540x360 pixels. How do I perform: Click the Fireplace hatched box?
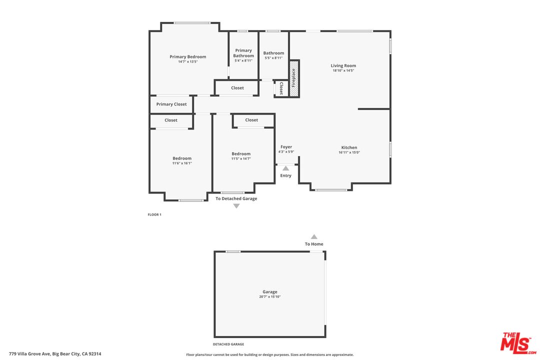pyautogui.click(x=294, y=78)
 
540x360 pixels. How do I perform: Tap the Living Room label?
pyautogui.click(x=343, y=65)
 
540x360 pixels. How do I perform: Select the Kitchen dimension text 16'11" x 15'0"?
pyautogui.click(x=349, y=152)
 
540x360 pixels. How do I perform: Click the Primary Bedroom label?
pyautogui.click(x=187, y=56)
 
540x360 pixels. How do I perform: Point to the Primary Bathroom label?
pyautogui.click(x=243, y=53)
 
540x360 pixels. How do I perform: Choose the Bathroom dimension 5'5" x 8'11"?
pyautogui.click(x=273, y=58)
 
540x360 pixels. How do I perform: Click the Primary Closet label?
pyautogui.click(x=171, y=104)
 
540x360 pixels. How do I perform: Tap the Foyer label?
pyautogui.click(x=286, y=147)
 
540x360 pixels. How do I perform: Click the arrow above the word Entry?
pyautogui.click(x=285, y=168)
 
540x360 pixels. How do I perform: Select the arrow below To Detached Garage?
pyautogui.click(x=236, y=205)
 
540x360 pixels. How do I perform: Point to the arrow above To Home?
pyautogui.click(x=314, y=237)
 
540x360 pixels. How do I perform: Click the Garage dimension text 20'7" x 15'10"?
pyautogui.click(x=270, y=296)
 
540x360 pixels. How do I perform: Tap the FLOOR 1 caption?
pyautogui.click(x=154, y=214)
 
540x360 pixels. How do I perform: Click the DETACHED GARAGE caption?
pyautogui.click(x=228, y=344)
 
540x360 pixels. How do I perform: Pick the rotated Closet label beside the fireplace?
pyautogui.click(x=281, y=88)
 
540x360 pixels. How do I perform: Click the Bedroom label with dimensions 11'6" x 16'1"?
pyautogui.click(x=182, y=158)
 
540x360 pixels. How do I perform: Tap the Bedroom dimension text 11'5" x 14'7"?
pyautogui.click(x=241, y=158)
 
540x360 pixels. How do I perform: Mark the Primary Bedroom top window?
pyautogui.click(x=192, y=23)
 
